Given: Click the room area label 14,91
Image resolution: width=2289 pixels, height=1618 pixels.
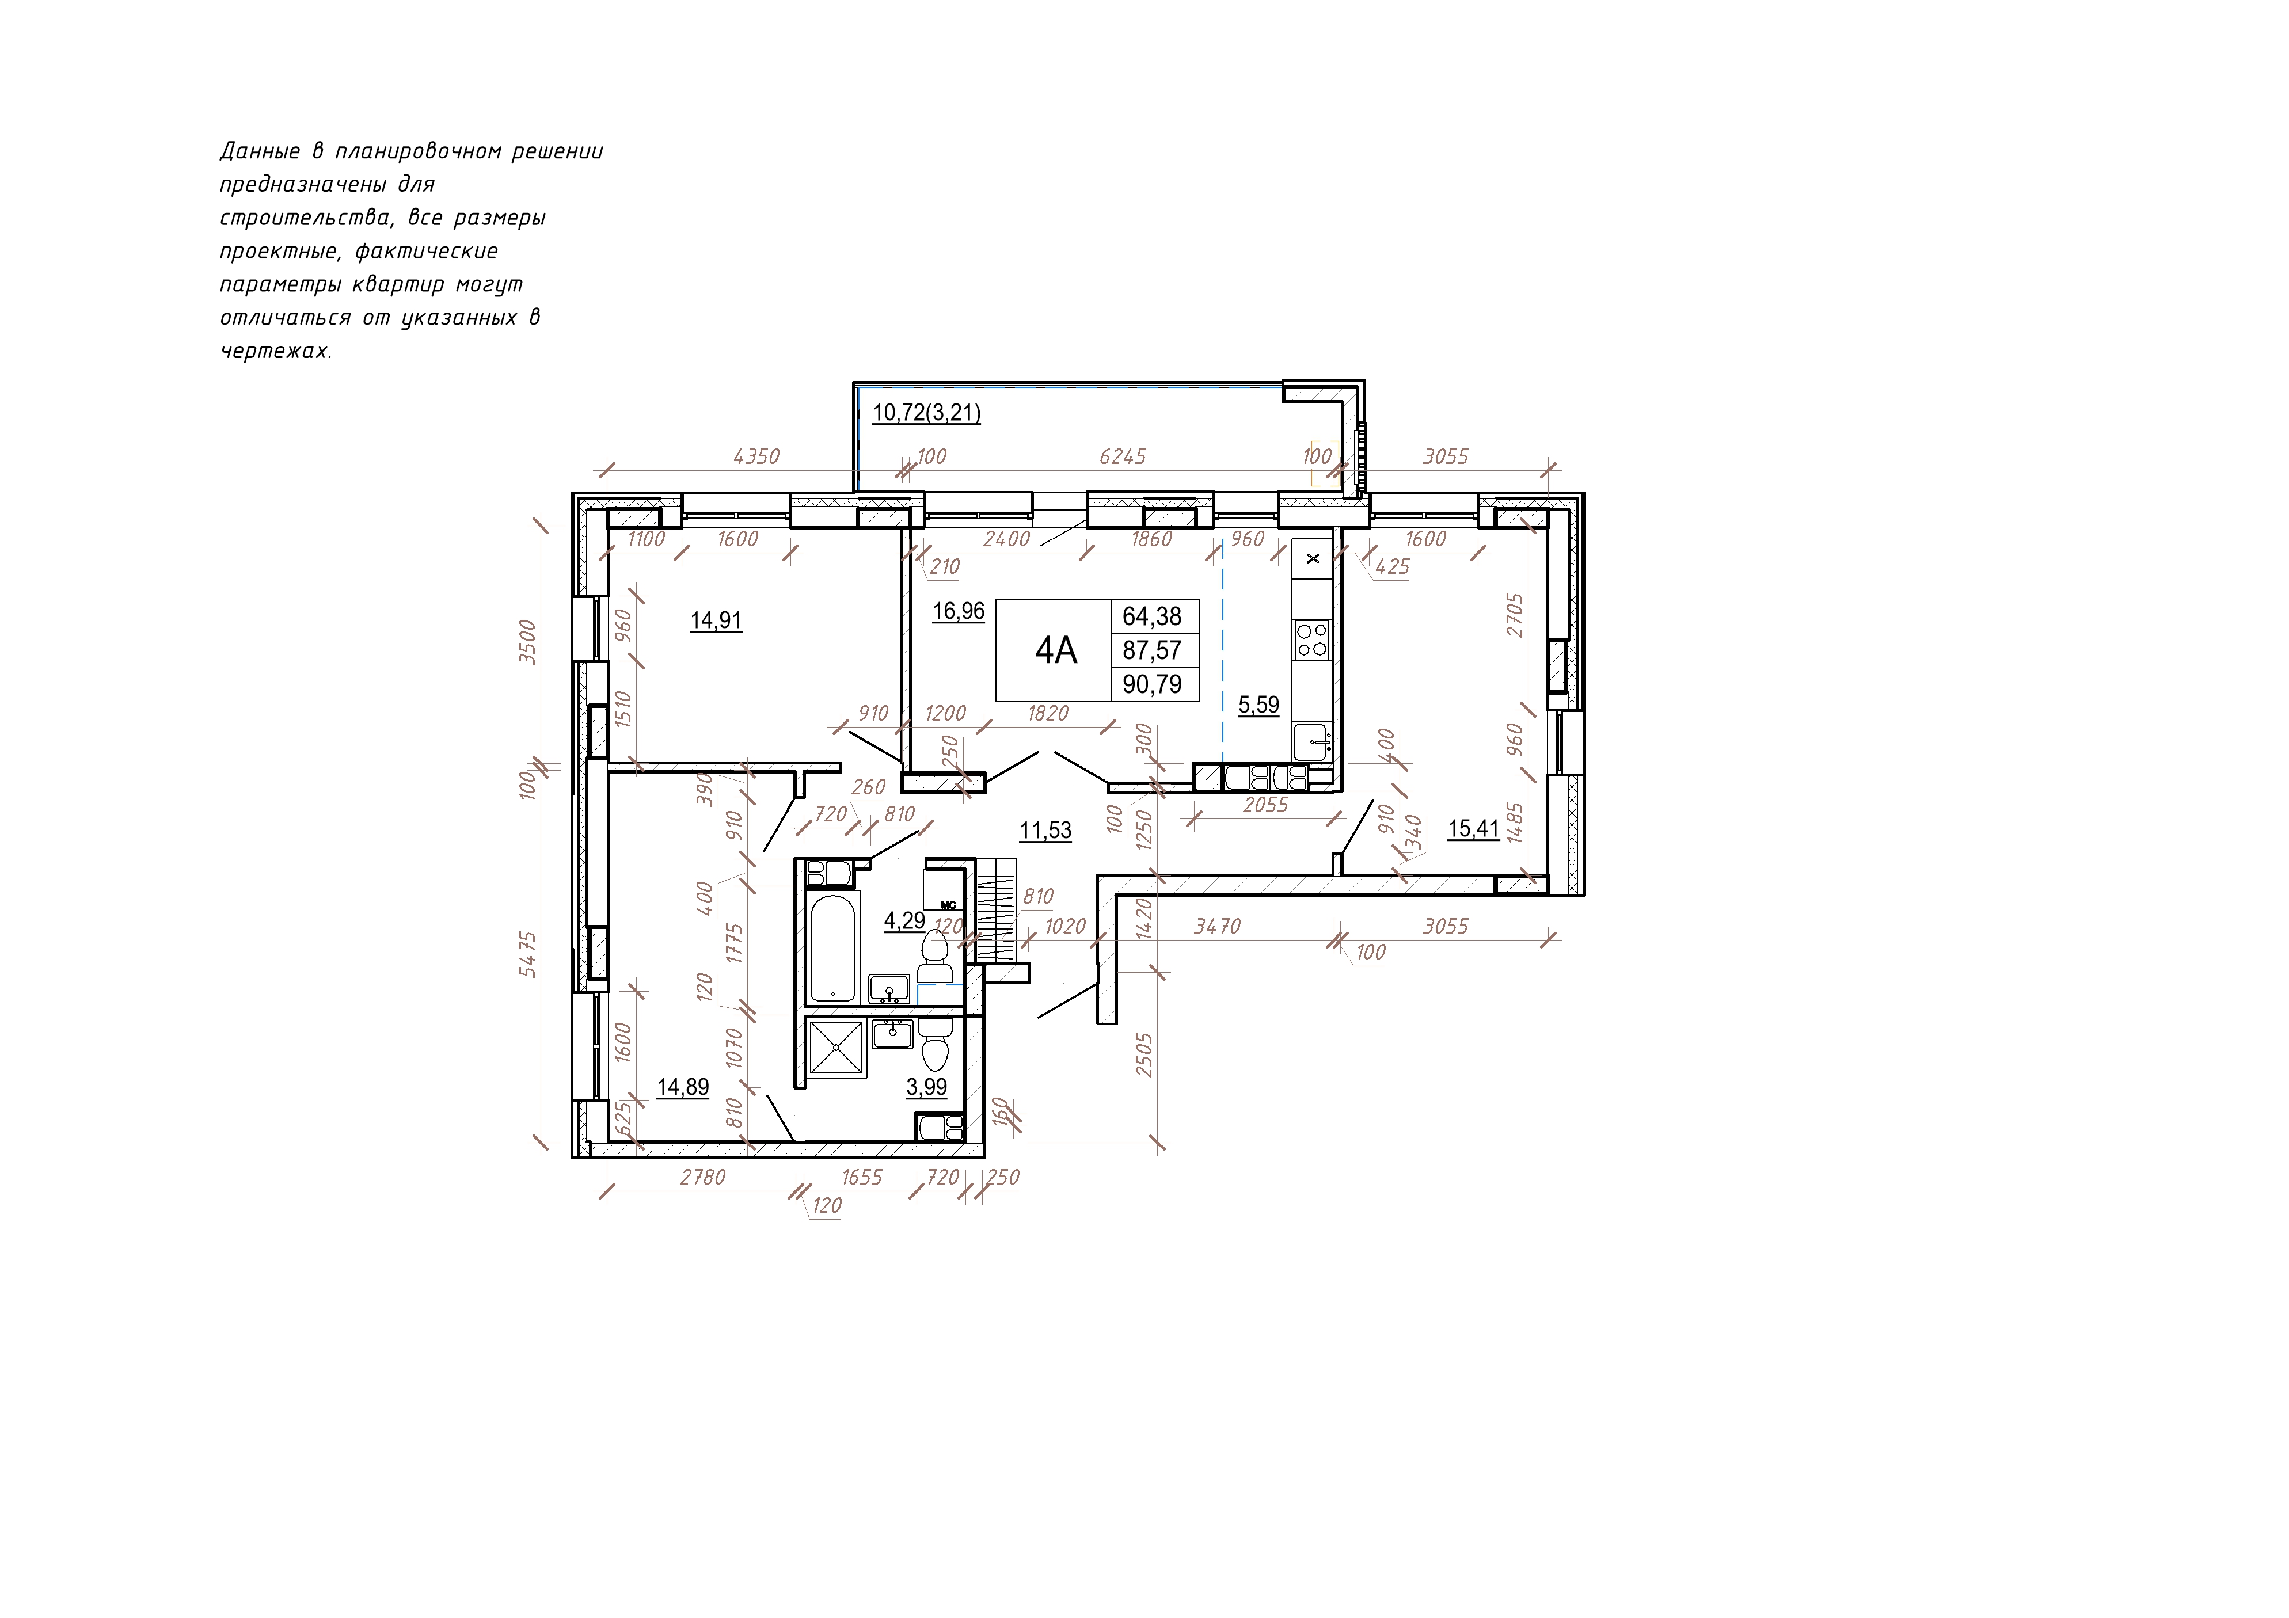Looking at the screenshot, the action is coord(716,620).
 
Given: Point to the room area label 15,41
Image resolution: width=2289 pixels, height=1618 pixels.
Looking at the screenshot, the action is coord(1473,828).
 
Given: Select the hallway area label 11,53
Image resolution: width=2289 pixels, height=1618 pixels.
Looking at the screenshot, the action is coord(1046,829).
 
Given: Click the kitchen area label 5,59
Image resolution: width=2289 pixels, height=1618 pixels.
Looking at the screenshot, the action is coord(1258,705).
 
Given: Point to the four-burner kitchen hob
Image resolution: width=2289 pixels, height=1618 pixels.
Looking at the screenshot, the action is coord(1311,639).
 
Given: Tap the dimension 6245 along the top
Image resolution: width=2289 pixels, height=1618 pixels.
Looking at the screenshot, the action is coord(1123,456).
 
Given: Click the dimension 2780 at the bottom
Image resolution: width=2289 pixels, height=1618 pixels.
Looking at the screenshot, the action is coord(703,1177).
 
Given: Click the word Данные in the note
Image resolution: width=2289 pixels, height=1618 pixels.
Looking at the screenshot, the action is coord(259,151).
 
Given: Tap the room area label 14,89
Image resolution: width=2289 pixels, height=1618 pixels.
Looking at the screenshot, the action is coord(683,1087).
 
